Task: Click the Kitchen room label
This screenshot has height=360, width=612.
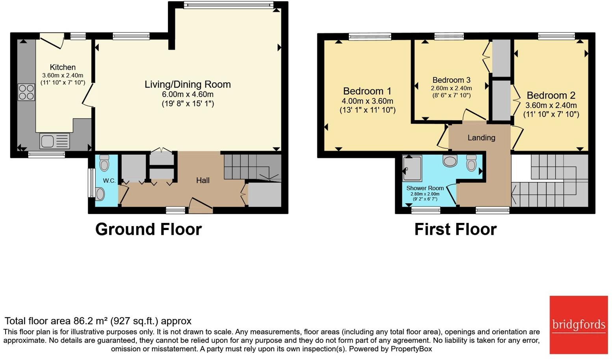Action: click(63, 67)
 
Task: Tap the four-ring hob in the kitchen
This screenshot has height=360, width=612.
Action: click(26, 92)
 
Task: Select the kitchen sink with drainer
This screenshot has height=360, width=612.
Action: click(54, 141)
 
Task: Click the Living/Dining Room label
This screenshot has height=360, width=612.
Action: click(188, 84)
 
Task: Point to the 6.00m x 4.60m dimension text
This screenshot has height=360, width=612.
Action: click(188, 95)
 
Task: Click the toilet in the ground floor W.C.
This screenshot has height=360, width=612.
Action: click(104, 163)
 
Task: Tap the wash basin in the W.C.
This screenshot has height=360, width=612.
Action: click(100, 194)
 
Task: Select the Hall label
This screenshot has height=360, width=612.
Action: click(203, 180)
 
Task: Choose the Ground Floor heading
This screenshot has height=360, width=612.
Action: click(149, 229)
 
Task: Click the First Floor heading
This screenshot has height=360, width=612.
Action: click(455, 229)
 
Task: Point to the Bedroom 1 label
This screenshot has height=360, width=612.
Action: click(367, 91)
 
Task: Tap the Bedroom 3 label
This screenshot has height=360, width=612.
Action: click(451, 80)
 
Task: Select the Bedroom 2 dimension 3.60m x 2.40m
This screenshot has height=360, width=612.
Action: click(551, 106)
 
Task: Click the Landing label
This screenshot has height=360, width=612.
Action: click(481, 137)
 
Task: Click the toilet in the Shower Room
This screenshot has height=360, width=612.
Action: click(471, 163)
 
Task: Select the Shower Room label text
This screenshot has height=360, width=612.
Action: click(425, 188)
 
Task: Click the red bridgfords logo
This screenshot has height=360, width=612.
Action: click(579, 325)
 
